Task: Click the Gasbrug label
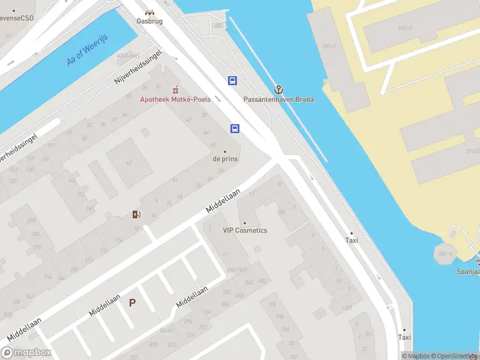[149, 20]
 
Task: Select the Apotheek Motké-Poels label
[175, 99]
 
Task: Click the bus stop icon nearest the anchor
[232, 80]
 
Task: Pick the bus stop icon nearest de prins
[235, 128]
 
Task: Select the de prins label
[225, 159]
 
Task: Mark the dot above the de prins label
[225, 151]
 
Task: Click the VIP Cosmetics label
[245, 230]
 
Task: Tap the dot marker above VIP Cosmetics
[244, 223]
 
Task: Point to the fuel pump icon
[137, 215]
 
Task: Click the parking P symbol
[132, 303]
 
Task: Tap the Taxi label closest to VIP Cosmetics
[352, 240]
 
